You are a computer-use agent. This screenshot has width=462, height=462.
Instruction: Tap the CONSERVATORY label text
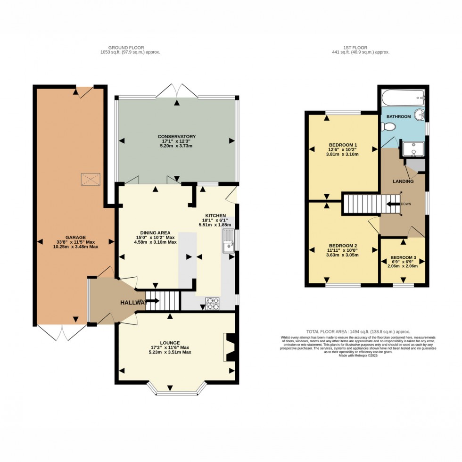pyautogui.click(x=176, y=136)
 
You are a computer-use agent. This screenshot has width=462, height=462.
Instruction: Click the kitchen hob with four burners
pyautogui.click(x=212, y=304)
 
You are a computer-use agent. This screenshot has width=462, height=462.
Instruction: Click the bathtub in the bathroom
pyautogui.click(x=403, y=99)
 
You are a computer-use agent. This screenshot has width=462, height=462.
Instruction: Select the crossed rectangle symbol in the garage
pyautogui.click(x=91, y=179)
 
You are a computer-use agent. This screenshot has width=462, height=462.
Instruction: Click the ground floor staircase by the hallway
pyautogui.click(x=163, y=300)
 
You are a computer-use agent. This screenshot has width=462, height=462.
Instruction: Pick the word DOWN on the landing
pyautogui.click(x=405, y=204)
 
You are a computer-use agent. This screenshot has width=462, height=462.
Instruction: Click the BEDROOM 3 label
pyautogui.click(x=403, y=258)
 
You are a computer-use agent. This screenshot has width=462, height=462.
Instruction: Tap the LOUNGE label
pyautogui.click(x=170, y=343)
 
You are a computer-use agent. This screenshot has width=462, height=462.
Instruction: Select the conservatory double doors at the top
pyautogui.click(x=176, y=91)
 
